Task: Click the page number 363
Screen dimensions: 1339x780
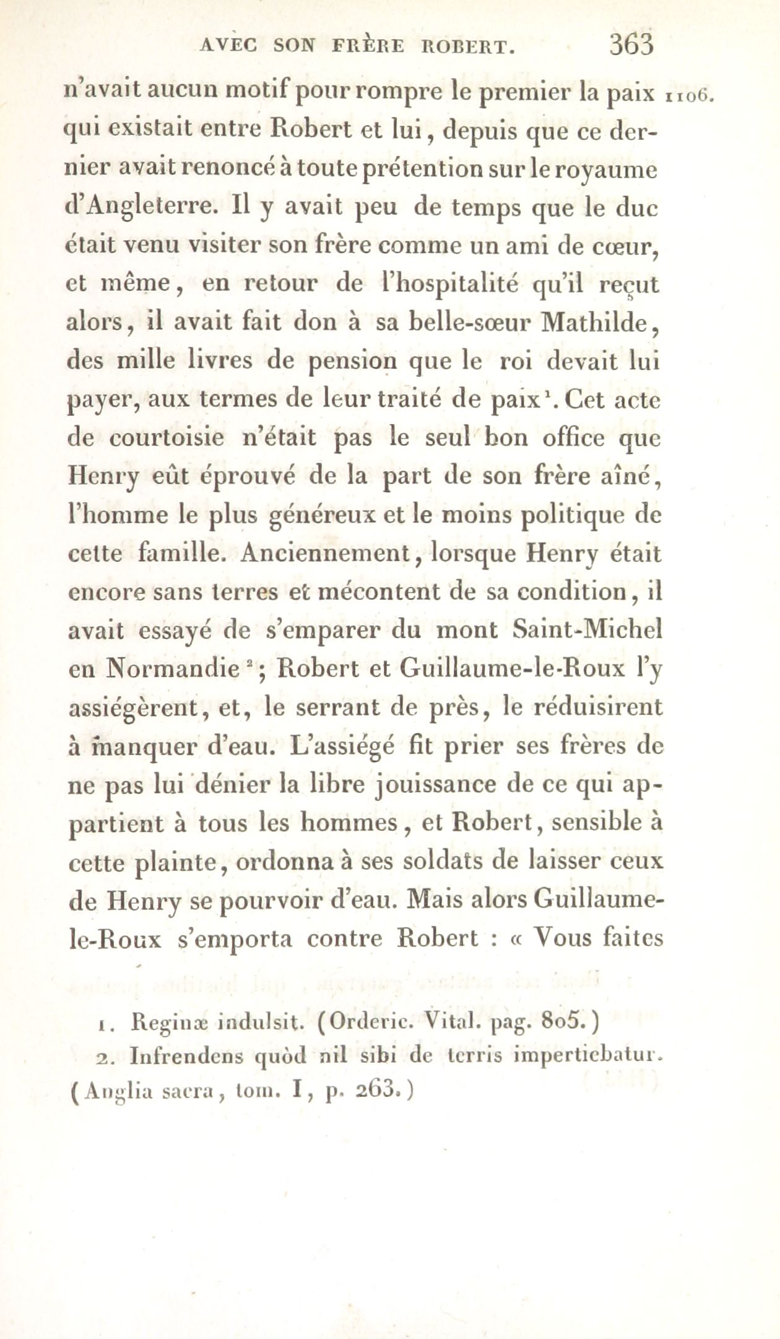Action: (631, 46)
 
